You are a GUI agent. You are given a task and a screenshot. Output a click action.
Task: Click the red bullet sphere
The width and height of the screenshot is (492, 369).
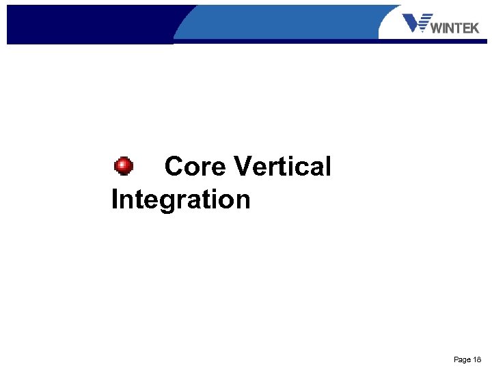[123, 166]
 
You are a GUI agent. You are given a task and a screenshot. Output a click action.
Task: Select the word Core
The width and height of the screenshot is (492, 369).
[195, 166]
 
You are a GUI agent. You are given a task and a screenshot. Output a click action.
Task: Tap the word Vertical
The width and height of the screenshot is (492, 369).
[282, 166]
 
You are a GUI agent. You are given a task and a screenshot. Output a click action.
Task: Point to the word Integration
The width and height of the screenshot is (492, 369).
[180, 200]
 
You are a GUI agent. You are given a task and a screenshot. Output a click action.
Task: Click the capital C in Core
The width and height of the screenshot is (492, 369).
[174, 166]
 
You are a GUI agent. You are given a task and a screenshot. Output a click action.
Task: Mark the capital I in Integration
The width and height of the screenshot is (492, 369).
[114, 200]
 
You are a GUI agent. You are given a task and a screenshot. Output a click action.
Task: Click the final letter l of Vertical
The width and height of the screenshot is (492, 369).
[328, 166]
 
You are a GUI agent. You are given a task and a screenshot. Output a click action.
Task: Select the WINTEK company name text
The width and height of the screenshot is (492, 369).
[456, 28]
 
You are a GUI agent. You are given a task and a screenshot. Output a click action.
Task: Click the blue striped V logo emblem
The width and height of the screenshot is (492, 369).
[417, 23]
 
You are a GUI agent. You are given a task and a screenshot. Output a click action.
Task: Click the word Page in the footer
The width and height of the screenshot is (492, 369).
[462, 359]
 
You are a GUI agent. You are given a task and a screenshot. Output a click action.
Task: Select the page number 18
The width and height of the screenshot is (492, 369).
[477, 359]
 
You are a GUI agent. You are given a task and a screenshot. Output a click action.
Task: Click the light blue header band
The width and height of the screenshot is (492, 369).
[287, 20]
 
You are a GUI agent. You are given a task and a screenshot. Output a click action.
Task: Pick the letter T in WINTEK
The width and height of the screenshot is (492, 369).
[457, 28]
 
